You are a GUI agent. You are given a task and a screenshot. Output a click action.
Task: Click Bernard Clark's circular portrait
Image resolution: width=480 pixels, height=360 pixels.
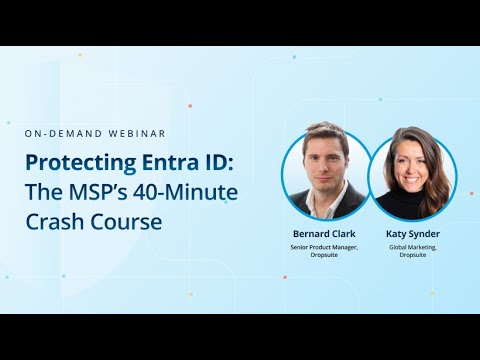pos(326,175)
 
